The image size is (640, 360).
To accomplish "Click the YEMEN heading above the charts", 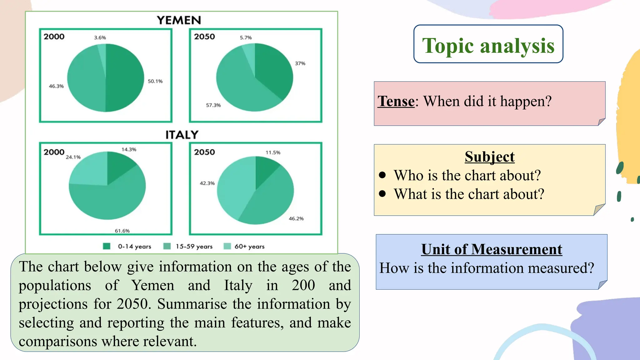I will [x=179, y=20].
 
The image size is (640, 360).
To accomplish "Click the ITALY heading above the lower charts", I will [x=182, y=135].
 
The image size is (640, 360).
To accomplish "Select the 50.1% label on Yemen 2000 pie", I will [x=155, y=81].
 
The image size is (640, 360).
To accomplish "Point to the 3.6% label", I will [x=100, y=38].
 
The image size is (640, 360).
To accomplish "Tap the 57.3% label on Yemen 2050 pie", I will [x=213, y=105].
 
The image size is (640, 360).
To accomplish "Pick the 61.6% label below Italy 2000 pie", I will [x=122, y=231].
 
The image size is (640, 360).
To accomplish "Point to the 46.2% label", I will [x=296, y=219].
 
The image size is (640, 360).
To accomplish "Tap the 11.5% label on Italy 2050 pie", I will [x=273, y=152].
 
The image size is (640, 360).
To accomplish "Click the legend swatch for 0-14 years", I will [x=107, y=246].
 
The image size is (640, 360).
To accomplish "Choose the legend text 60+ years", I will [x=249, y=247].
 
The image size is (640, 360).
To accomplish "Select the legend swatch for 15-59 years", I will [x=167, y=246].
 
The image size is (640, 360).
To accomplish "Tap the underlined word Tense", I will [x=396, y=101].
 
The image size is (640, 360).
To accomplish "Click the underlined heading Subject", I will [x=489, y=157].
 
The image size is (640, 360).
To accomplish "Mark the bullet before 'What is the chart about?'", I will [x=382, y=194].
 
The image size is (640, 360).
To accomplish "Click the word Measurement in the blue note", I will [x=517, y=249].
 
